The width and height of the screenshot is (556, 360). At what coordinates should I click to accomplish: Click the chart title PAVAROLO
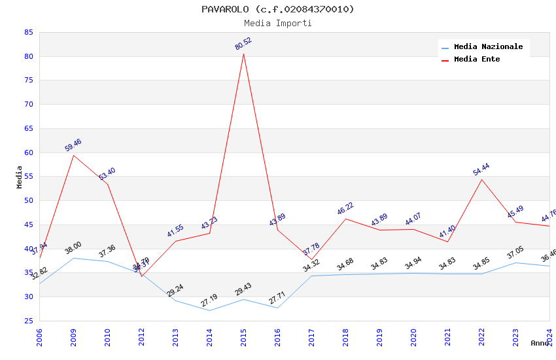tap(277, 9)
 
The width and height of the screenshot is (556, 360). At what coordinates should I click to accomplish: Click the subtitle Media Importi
tap(277, 23)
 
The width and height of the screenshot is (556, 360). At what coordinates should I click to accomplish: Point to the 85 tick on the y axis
tap(28, 32)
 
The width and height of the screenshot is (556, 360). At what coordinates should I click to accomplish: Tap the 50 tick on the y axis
tap(28, 201)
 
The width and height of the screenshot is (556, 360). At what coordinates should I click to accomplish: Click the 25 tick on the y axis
tap(28, 321)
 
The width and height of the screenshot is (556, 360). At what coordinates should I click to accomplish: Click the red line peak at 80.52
tap(243, 53)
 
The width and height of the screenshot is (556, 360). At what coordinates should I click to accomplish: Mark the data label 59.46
tap(73, 145)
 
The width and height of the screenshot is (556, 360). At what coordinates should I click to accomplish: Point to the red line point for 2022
tap(481, 179)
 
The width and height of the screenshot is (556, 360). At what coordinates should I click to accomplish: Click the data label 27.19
tap(209, 301)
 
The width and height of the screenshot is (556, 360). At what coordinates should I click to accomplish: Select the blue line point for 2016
tap(277, 308)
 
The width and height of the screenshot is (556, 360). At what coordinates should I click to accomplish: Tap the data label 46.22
tap(345, 209)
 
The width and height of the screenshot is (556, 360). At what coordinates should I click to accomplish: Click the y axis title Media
tap(20, 177)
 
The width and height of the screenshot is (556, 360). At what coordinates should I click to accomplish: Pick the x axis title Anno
tap(540, 343)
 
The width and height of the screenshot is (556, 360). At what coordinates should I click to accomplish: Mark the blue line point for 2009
tap(73, 258)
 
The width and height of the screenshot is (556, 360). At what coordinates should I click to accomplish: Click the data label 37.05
tap(515, 254)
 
